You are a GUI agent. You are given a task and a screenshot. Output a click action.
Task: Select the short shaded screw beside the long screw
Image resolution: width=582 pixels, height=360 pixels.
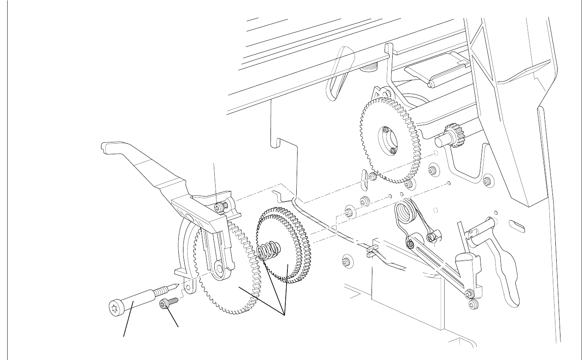(x=166, y=303)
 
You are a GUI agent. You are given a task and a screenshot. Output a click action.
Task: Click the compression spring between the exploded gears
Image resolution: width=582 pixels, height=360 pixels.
(x=268, y=252)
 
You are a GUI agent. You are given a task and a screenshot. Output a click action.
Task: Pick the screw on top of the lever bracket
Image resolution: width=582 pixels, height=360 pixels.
(x=220, y=207)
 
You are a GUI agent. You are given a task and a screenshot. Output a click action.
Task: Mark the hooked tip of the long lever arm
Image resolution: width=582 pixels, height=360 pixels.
(x=106, y=147)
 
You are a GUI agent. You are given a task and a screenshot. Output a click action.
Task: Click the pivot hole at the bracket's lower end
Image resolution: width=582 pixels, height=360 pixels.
(x=219, y=269)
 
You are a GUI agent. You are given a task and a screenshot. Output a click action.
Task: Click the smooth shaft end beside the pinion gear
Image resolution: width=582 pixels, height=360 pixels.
(x=440, y=139)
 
